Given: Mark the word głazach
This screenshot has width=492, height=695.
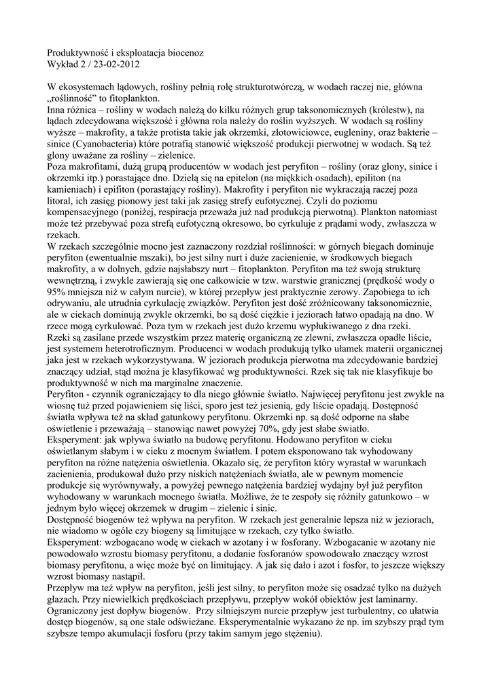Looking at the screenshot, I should pyautogui.click(x=63, y=603).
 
